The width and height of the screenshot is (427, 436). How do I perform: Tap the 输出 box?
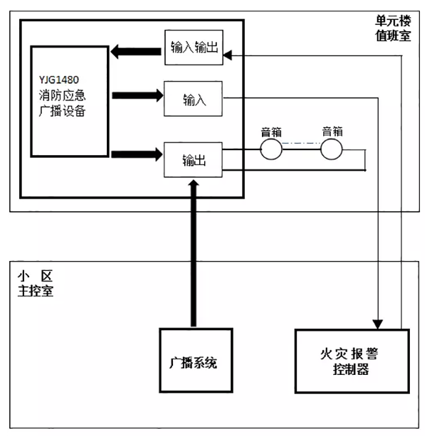[x=193, y=161]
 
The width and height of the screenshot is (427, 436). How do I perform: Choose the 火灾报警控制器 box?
[x=352, y=361]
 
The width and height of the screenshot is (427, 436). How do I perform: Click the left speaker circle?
[x=270, y=149]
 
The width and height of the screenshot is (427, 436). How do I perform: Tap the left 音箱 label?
[x=271, y=131]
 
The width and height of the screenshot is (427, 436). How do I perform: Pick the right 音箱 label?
[x=332, y=131]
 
